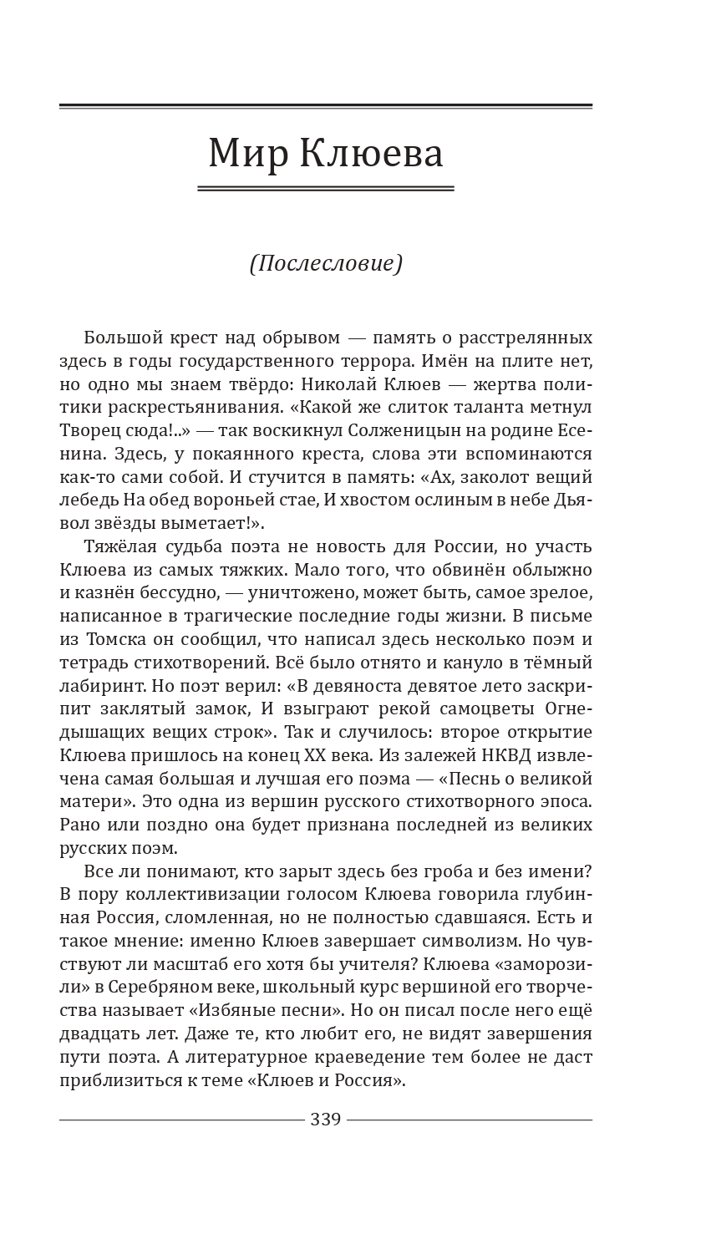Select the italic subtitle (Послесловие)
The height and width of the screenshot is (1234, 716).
[x=326, y=263]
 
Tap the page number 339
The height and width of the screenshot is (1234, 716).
[x=326, y=1119]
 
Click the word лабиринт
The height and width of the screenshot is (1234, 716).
[x=96, y=686]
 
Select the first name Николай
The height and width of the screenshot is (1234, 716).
[x=384, y=385]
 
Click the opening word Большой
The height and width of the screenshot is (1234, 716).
[x=123, y=338]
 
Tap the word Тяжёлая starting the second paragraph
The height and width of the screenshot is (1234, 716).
[x=124, y=547]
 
